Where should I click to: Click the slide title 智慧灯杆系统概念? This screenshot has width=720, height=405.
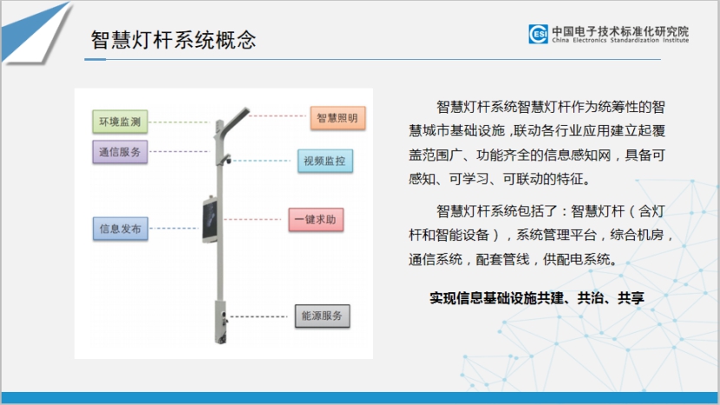pyautogui.click(x=173, y=40)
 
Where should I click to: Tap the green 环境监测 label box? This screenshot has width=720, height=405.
pyautogui.click(x=120, y=121)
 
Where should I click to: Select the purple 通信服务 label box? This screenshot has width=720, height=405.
pyautogui.click(x=120, y=152)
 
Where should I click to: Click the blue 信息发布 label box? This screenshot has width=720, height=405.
pyautogui.click(x=121, y=229)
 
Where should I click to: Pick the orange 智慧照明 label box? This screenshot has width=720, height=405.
pyautogui.click(x=337, y=118)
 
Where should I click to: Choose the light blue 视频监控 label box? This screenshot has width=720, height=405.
pyautogui.click(x=325, y=160)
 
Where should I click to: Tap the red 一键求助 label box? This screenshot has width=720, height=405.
pyautogui.click(x=316, y=219)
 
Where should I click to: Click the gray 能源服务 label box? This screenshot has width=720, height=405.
pyautogui.click(x=323, y=316)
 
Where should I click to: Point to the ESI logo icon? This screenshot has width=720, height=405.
pyautogui.click(x=538, y=34)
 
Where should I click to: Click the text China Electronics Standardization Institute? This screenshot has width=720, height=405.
pyautogui.click(x=620, y=41)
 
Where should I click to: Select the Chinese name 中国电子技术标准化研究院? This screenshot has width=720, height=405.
pyautogui.click(x=620, y=31)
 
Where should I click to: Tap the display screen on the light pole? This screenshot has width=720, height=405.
pyautogui.click(x=210, y=220)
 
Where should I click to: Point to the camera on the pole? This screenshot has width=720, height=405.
pyautogui.click(x=226, y=160)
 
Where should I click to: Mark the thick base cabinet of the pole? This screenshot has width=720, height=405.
pyautogui.click(x=220, y=322)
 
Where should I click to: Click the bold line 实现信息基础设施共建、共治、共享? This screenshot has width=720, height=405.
pyautogui.click(x=537, y=298)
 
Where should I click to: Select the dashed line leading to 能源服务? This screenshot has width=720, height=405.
pyautogui.click(x=258, y=317)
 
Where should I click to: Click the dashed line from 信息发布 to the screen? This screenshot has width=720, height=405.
pyautogui.click(x=174, y=228)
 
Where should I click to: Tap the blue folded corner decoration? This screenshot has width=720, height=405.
pyautogui.click(x=36, y=32)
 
